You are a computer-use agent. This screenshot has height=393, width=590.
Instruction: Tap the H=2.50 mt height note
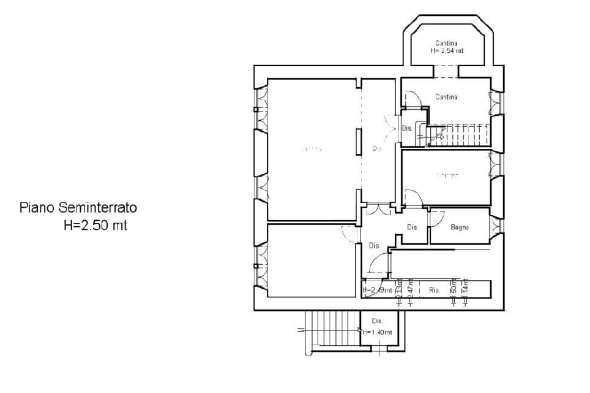coord(95,225)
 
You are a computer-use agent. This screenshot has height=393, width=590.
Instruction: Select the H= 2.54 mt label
coord(447,51)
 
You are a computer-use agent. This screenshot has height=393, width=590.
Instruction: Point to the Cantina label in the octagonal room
coord(447,43)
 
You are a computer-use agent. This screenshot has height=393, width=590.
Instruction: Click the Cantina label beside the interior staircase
coord(447,97)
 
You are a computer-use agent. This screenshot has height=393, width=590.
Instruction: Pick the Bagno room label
coord(460,227)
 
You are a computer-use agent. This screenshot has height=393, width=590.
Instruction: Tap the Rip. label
coord(435,290)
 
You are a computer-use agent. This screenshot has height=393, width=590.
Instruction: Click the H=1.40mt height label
coord(377,332)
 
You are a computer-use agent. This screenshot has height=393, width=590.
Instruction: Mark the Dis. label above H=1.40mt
coord(378,321)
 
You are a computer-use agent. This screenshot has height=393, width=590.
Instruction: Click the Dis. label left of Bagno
coord(413,227)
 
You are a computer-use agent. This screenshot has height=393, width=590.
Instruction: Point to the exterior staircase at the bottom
coord(330,331)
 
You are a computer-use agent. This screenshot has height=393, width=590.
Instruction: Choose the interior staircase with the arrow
coord(453,134)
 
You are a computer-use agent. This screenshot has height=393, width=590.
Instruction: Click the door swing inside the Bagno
coord(436,216)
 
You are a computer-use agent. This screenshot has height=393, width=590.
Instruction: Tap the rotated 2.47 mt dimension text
coord(411,289)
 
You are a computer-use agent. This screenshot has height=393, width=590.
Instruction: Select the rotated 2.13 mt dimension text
coord(399,289)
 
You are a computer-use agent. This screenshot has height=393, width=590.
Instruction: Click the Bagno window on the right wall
coord(496,226)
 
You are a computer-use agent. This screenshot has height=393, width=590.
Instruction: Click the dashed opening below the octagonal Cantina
coord(446,77)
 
